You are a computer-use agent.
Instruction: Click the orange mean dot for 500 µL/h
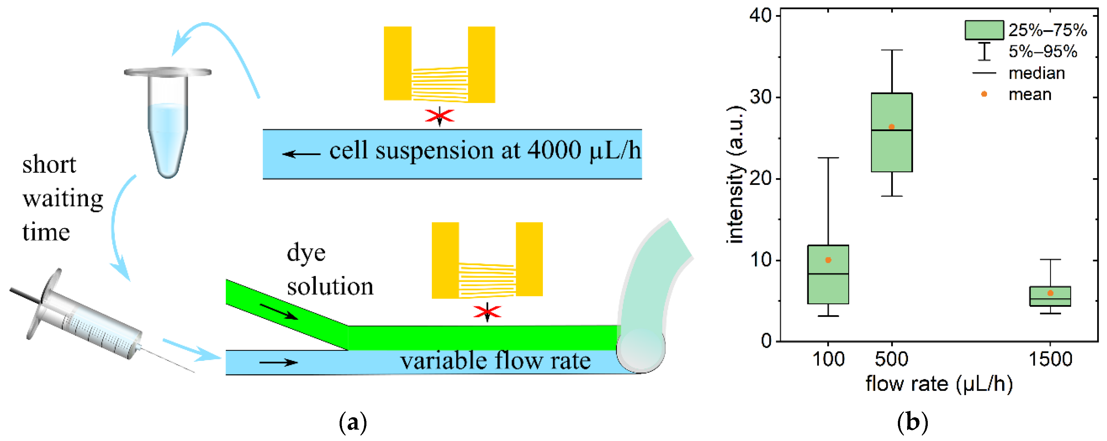tap(891, 127)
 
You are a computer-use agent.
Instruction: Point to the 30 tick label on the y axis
tap(761, 97)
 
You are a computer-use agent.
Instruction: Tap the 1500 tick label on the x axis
tap(1050, 359)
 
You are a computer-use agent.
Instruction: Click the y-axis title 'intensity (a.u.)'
tap(736, 174)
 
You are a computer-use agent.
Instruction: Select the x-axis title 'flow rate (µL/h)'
tap(939, 383)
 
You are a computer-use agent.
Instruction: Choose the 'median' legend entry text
tap(1037, 73)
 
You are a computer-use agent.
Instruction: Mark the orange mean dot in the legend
tap(984, 94)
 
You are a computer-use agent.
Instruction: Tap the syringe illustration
tap(86, 318)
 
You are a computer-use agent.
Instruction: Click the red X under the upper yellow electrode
tap(439, 116)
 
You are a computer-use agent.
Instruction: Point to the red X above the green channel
tap(487, 311)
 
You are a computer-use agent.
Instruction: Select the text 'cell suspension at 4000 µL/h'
tap(485, 151)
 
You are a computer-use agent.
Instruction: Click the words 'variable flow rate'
tap(495, 361)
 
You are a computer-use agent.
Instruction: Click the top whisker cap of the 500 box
tap(892, 50)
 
